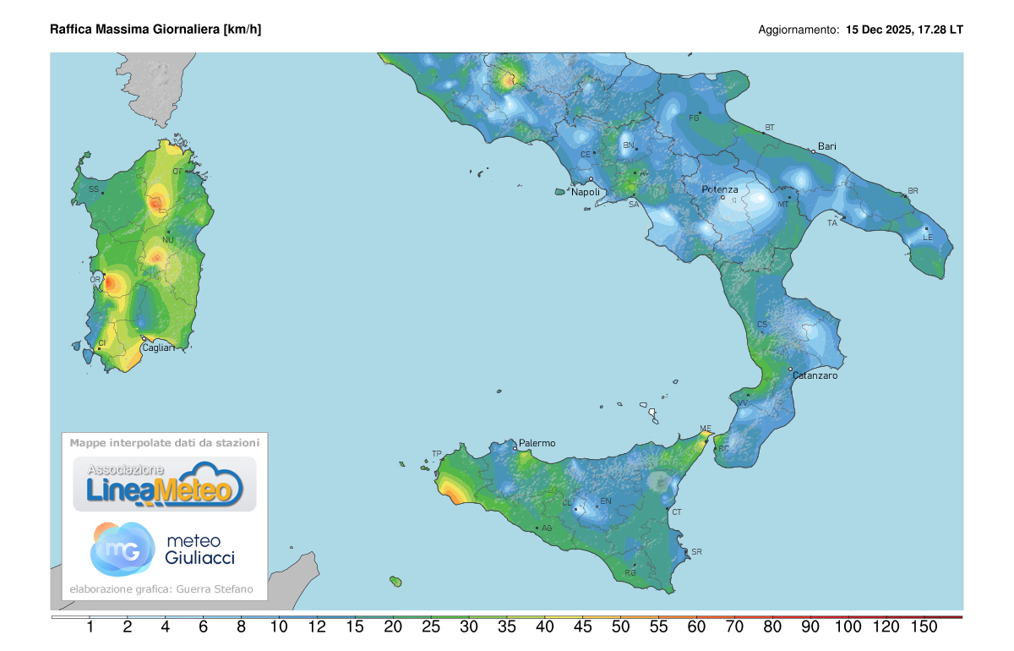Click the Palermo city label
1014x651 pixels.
point(537,443)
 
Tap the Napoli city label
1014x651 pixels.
point(586,192)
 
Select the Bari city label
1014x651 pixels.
point(827,146)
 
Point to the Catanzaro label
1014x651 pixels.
point(815,375)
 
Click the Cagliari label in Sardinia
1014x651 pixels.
point(158,347)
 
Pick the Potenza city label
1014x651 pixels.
point(720,189)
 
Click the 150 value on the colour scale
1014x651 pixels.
point(924,626)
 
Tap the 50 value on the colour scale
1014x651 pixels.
point(620,626)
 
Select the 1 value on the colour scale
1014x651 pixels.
point(90,626)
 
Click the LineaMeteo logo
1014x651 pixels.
point(165,484)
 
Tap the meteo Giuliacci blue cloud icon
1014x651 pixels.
point(123,548)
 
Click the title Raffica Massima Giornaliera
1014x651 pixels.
point(155,30)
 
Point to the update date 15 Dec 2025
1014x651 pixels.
point(879,30)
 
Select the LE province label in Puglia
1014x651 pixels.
point(928,238)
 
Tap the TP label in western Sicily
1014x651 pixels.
point(437,454)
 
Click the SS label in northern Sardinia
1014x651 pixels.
point(94,189)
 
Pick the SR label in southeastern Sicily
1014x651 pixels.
point(696,552)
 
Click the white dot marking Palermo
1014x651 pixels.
point(515,448)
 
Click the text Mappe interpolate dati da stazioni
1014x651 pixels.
point(165,442)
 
